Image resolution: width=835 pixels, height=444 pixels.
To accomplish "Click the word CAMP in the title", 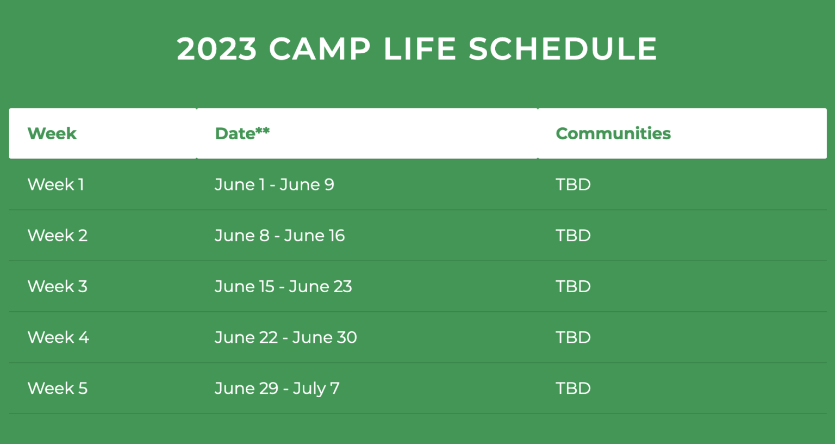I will [x=320, y=49].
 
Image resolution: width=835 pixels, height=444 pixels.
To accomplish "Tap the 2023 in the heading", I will [x=216, y=49].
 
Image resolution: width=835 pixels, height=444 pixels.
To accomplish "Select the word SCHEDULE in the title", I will [x=563, y=49].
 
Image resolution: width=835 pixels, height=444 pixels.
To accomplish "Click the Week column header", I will [x=52, y=133].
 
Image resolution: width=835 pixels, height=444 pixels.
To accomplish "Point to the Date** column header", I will [x=242, y=133].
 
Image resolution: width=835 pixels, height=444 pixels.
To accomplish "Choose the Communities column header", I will [x=613, y=133].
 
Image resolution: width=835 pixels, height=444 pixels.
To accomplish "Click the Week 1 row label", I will [x=56, y=184].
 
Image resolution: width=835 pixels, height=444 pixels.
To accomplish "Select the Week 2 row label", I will [x=58, y=236].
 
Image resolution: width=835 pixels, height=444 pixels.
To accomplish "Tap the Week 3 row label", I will [x=58, y=286].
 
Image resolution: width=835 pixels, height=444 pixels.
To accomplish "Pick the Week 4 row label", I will [x=58, y=337].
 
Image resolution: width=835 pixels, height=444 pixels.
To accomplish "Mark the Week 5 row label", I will [x=58, y=388].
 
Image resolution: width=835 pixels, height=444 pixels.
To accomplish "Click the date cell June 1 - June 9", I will [x=275, y=184].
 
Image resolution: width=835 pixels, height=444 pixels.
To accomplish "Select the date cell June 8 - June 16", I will [x=280, y=236].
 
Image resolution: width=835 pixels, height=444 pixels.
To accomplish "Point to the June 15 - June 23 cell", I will [x=283, y=286].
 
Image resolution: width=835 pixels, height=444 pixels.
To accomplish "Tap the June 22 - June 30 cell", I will [x=286, y=337].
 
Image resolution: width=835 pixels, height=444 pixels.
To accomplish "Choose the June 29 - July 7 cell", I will [x=277, y=388].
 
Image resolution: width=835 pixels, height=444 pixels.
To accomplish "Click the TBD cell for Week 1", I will [x=573, y=184].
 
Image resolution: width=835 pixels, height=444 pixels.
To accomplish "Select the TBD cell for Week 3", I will [x=573, y=286].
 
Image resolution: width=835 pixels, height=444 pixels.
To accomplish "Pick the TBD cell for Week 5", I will [x=573, y=388].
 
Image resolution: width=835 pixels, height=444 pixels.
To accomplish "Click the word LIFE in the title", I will [x=420, y=49].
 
